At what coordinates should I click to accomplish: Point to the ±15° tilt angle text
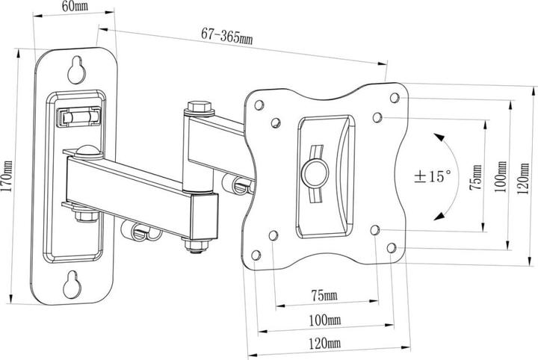coord(433,177)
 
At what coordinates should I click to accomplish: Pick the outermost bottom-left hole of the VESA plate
coord(256,255)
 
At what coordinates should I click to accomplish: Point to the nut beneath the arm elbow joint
coord(194,246)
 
